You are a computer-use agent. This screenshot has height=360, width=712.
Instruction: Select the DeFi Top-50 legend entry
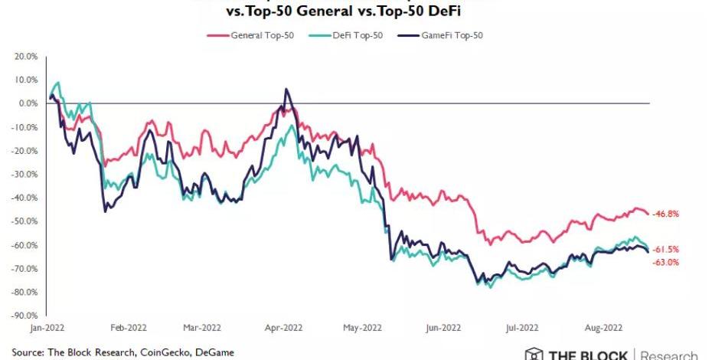point(351,35)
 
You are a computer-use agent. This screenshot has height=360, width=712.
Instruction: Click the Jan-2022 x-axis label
point(47,326)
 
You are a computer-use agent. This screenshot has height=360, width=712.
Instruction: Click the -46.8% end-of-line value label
point(665,214)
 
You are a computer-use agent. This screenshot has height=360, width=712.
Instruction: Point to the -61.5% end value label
point(665,250)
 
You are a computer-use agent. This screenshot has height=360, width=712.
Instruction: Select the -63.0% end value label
point(665,263)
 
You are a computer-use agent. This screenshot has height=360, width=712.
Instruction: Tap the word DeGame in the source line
point(212,352)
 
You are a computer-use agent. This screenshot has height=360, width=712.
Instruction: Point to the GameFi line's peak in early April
point(286,89)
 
